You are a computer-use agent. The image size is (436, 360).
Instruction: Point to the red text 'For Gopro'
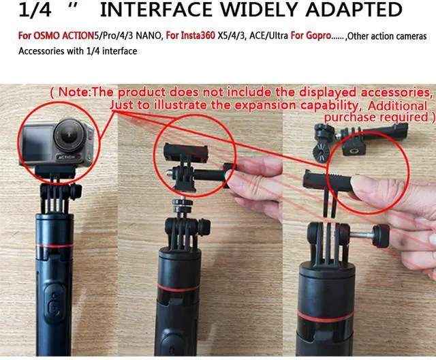point(309,35)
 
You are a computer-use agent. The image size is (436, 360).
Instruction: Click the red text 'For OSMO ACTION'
point(47,35)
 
